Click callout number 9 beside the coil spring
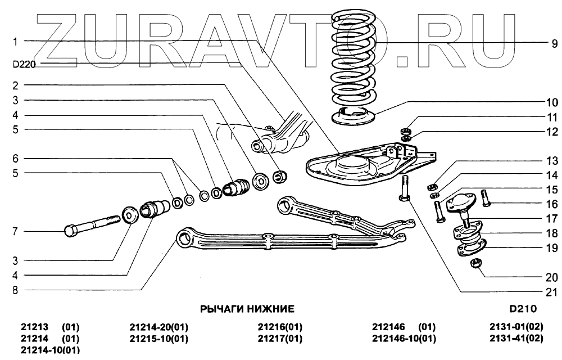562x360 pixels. pos(554,43)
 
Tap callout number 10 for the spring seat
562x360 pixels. pos(551,103)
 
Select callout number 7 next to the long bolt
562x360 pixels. pos(16,231)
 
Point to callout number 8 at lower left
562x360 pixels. pos(16,290)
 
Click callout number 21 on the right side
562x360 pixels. pos(551,291)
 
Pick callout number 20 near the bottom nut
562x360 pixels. pos(551,277)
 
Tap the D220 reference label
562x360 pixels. pos(24,64)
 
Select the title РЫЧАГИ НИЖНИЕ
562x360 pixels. pos(247,309)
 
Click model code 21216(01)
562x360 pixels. pos(280,327)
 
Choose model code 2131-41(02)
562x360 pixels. pos(516,339)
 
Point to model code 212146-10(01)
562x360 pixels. pos(404,339)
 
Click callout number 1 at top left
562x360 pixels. pos(16,41)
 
